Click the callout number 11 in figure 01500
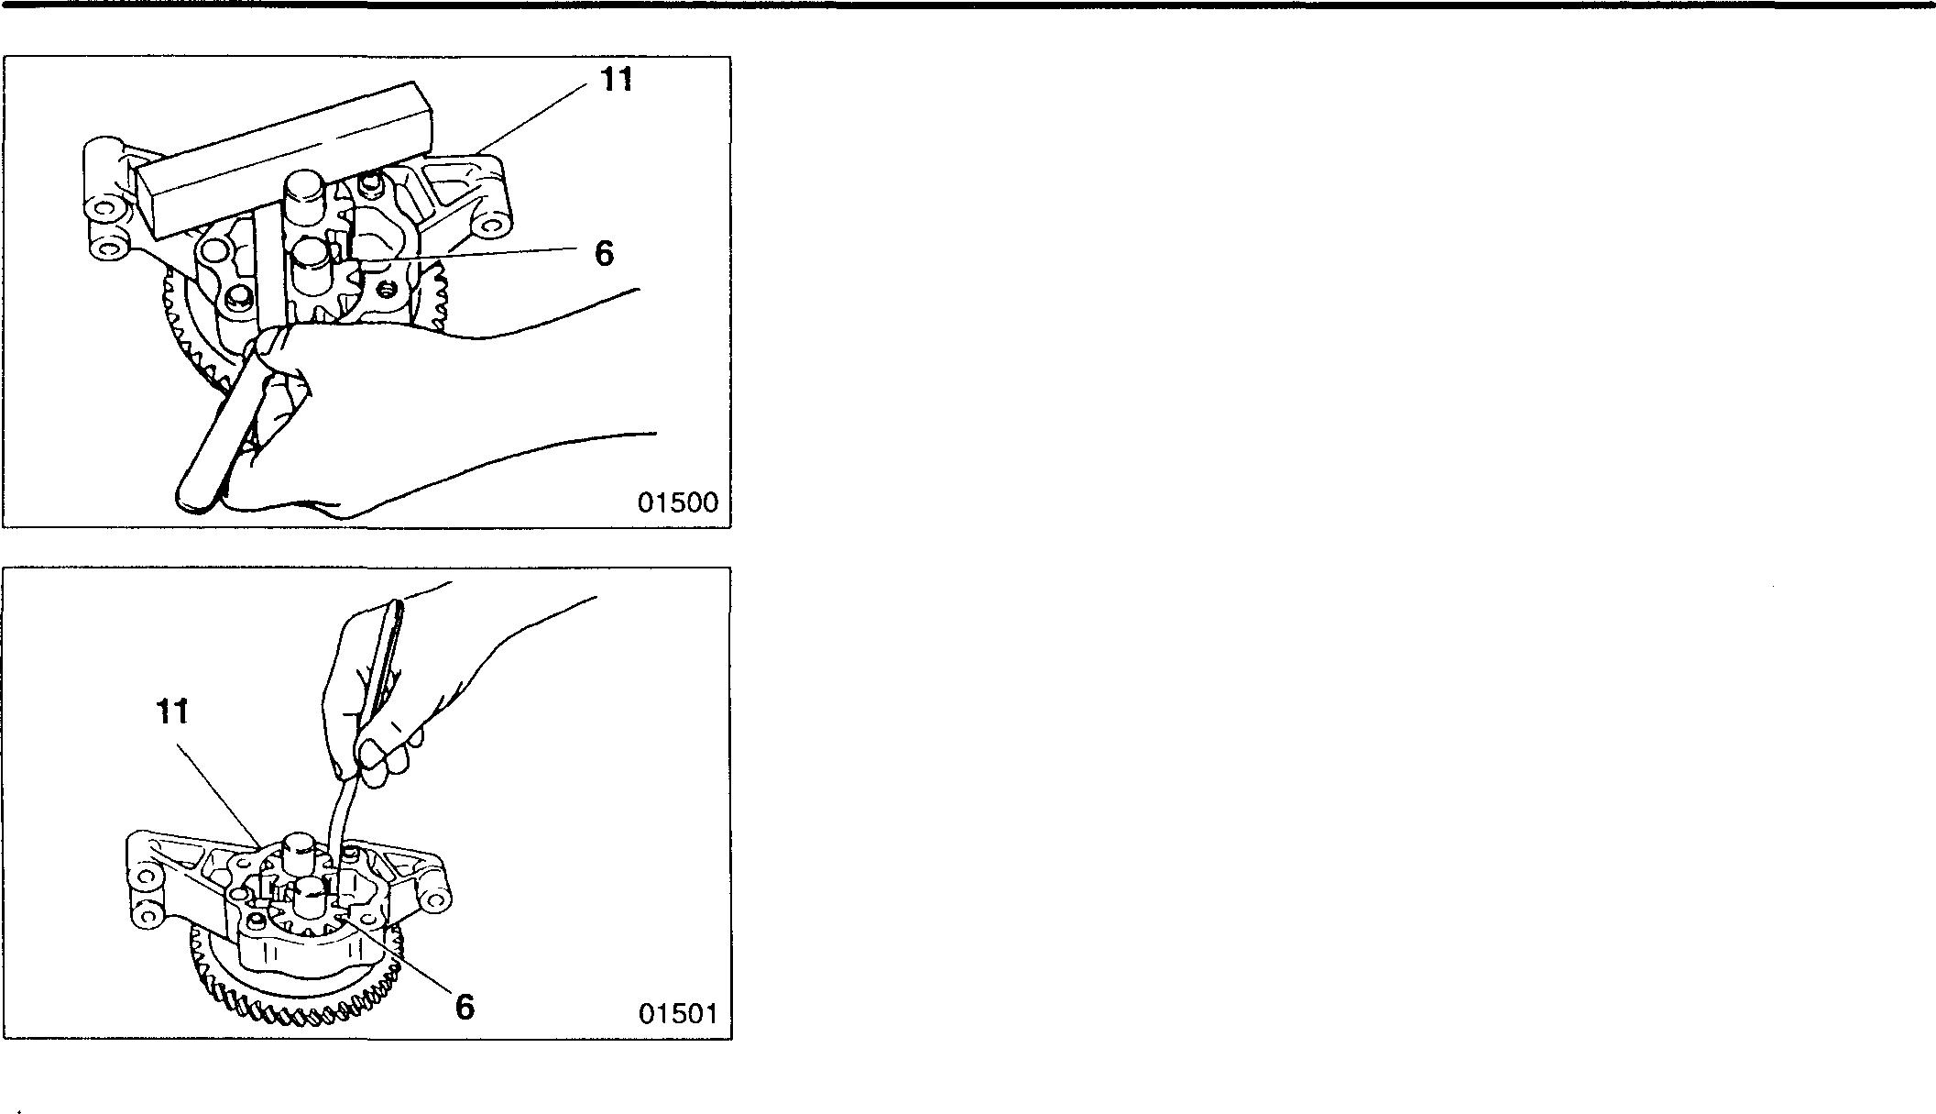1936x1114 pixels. [x=617, y=80]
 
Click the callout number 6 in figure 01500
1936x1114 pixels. [x=603, y=254]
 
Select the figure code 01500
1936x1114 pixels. [x=678, y=502]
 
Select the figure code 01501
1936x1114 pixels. [x=678, y=1013]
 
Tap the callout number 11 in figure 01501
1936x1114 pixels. [x=173, y=711]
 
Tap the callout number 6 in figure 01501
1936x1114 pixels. [x=465, y=1007]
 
